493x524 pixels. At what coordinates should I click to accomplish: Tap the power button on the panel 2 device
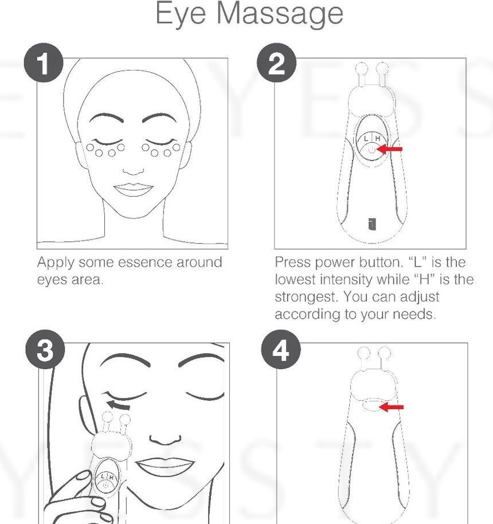click(371, 150)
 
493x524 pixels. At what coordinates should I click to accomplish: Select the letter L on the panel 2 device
click(365, 138)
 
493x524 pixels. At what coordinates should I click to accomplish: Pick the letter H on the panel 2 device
click(378, 138)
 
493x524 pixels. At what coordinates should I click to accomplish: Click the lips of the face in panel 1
click(132, 190)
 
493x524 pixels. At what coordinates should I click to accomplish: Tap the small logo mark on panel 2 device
click(371, 224)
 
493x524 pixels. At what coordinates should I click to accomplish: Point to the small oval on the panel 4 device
click(370, 405)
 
